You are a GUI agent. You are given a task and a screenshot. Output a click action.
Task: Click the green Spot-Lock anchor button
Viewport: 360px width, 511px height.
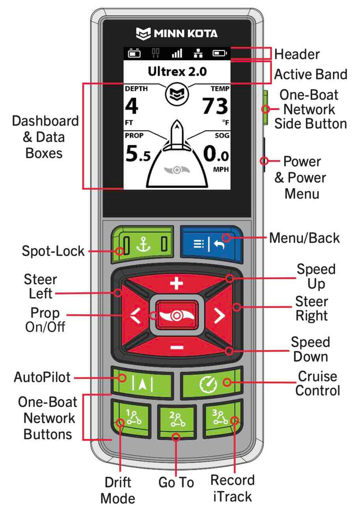click(143, 245)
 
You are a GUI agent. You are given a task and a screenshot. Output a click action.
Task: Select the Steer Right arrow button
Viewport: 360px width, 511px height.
click(219, 314)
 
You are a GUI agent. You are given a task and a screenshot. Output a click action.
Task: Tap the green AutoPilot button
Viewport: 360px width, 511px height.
click(142, 383)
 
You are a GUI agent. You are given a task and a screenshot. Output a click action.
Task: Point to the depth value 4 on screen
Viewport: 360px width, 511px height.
click(131, 107)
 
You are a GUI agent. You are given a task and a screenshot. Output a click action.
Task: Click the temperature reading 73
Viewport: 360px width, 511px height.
click(215, 107)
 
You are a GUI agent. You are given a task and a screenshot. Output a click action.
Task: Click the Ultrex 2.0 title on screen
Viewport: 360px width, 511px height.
click(177, 71)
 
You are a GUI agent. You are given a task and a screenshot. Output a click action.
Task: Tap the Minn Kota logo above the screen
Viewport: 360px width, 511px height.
click(177, 34)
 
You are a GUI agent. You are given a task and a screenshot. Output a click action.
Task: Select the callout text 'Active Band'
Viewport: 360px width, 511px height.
click(311, 75)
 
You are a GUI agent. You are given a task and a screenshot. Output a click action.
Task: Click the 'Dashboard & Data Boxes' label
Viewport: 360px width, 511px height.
click(45, 137)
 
